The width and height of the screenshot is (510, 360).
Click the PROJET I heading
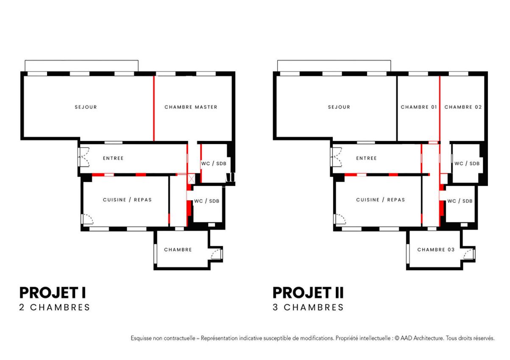[53, 293]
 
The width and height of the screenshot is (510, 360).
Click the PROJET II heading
[308, 293]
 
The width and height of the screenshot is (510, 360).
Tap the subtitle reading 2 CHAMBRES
[55, 307]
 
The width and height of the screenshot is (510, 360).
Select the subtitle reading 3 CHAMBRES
[308, 307]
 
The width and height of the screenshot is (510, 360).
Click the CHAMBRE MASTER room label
[191, 107]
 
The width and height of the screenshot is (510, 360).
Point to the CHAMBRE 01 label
[419, 107]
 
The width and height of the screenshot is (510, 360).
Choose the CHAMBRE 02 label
[463, 107]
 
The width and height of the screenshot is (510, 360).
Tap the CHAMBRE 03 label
[436, 250]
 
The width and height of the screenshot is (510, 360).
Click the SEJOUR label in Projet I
[86, 107]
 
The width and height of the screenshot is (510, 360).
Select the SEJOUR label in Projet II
[339, 107]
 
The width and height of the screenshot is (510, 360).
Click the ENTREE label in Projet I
[113, 158]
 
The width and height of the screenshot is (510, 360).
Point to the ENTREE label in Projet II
[366, 158]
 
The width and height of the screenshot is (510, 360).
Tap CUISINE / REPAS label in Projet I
[127, 200]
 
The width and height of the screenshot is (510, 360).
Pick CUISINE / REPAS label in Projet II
[380, 200]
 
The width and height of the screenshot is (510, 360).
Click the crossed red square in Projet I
[191, 179]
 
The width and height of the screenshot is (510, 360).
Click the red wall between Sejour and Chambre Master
[154, 108]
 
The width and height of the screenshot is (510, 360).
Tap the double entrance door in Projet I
[84, 157]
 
